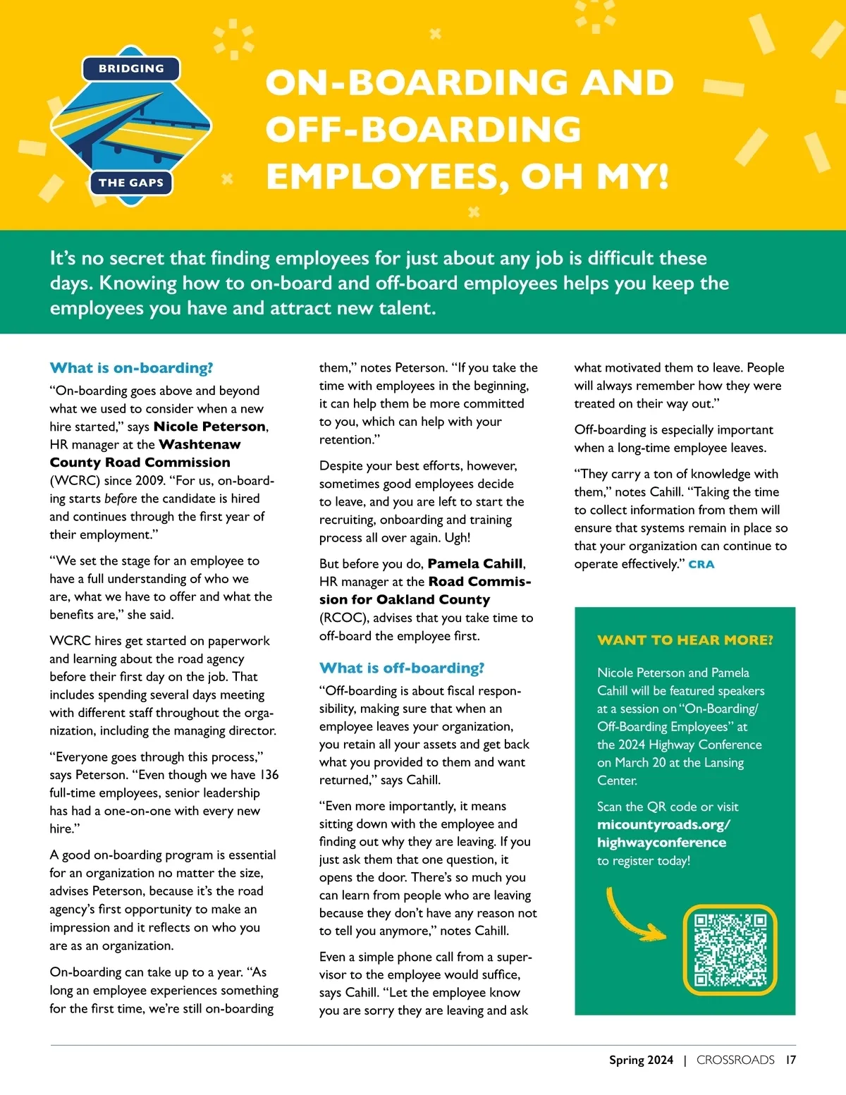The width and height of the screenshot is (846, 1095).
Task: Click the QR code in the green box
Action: [x=730, y=950]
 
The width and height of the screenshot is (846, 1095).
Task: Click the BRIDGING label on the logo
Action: [x=131, y=69]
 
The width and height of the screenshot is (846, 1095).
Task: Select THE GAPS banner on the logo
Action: [x=131, y=183]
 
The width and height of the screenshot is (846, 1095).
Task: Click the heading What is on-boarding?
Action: [x=131, y=368]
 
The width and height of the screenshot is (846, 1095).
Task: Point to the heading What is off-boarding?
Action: [x=402, y=668]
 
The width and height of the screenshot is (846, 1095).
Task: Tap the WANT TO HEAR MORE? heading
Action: [x=685, y=640]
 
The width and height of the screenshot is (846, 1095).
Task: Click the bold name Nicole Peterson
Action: [x=209, y=427]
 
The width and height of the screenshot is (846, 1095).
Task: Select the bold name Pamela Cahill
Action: [x=475, y=563]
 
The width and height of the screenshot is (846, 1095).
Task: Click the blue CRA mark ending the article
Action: [x=701, y=564]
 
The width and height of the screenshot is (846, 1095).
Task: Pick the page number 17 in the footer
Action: [x=791, y=1060]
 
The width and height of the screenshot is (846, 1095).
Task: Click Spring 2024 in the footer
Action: [x=641, y=1060]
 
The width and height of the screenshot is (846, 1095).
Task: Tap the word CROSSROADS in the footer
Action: [x=735, y=1060]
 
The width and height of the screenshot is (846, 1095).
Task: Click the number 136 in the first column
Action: [x=269, y=775]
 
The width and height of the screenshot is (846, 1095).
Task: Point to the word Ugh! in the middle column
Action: [x=458, y=538]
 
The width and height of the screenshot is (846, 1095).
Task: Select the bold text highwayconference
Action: [x=661, y=843]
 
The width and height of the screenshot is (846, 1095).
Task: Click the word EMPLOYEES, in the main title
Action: [x=388, y=176]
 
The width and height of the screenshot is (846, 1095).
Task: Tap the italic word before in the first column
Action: [x=121, y=498]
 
